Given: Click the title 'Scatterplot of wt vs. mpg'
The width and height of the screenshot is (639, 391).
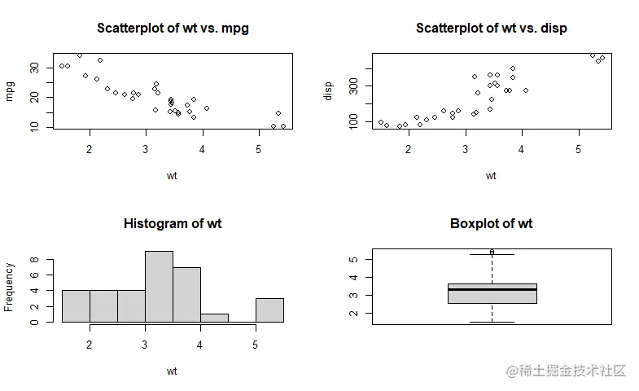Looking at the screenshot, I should click(173, 28).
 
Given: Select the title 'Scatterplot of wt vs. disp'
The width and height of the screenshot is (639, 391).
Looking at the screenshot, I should click(491, 28).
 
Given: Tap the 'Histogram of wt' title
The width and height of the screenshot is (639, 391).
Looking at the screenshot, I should click(173, 223).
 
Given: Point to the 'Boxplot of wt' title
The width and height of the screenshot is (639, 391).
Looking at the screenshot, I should click(491, 223).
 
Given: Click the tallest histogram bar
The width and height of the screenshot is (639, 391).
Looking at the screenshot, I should click(159, 287).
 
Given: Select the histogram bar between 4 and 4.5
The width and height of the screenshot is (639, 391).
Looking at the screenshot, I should click(214, 318).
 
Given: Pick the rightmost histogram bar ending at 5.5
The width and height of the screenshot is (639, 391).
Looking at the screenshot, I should click(269, 310).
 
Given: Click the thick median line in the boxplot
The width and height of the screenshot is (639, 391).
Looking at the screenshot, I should click(492, 289).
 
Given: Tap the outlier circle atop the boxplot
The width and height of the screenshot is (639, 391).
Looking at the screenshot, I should click(492, 252).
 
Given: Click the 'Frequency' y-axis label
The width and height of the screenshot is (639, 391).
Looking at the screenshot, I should click(10, 287).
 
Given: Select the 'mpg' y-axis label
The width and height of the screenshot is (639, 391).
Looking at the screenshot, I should click(10, 90).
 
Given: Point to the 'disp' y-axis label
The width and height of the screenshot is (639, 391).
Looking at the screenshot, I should click(329, 90).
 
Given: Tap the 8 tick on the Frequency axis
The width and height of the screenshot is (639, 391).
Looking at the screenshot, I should click(34, 260).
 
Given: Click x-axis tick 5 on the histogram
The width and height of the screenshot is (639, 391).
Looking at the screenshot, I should click(256, 345).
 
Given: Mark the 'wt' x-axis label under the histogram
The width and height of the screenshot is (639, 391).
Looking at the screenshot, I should click(173, 371).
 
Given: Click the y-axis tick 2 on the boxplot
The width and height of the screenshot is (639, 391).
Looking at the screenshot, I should click(352, 314).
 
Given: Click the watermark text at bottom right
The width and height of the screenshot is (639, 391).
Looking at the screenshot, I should click(566, 371).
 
